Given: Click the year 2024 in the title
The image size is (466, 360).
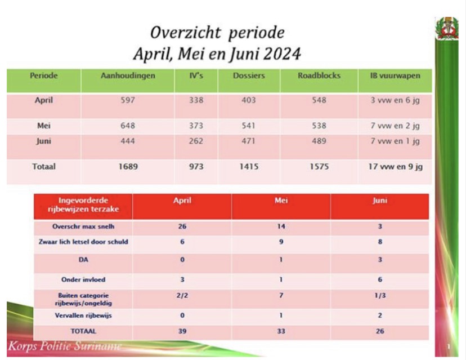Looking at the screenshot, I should coord(279,54).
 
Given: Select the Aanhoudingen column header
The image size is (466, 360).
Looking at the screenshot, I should coord(127,76).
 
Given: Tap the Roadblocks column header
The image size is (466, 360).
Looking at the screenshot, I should coord(319,76).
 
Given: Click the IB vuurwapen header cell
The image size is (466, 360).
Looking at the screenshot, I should coord(395,76).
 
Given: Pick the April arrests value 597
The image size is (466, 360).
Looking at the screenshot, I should coord(127,100).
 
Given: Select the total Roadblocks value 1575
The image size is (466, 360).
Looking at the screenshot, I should coord(319,167).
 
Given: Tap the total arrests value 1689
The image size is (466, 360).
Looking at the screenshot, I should coord(127,167).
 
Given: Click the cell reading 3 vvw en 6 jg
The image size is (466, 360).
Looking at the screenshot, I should coord(395,100).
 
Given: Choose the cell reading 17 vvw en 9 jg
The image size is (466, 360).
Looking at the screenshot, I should coord(395,167).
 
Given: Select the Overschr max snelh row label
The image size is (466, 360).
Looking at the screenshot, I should coord(83,227).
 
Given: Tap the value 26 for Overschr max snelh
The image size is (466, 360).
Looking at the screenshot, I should coord(181,227).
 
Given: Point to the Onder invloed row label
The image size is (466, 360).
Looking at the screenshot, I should coord(83,279).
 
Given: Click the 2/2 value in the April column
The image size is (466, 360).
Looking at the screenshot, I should coord(181,295).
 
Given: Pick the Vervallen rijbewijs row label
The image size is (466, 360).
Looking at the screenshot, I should coord(83,316).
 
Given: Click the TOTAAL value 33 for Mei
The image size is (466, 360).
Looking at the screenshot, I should coord(280,332).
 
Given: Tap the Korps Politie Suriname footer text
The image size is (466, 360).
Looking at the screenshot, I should coord(64,345).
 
